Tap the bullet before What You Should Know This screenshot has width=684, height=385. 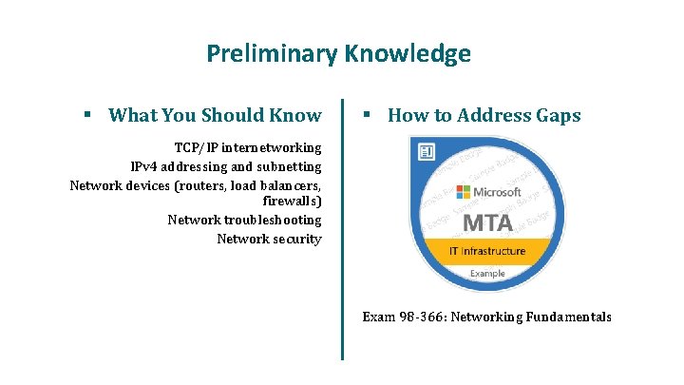pos(86,115)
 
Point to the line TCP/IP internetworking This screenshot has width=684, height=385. pos(248,148)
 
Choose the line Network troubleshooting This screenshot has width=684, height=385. pos(244,221)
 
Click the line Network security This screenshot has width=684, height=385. pos(269,239)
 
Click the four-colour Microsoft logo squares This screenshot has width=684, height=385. pos(464,192)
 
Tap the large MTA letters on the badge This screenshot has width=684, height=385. pos(486,224)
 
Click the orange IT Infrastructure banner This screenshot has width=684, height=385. pos(486,252)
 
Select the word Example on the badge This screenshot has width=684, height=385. pos(488,274)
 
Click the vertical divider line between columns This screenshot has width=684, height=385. pos(342,228)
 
